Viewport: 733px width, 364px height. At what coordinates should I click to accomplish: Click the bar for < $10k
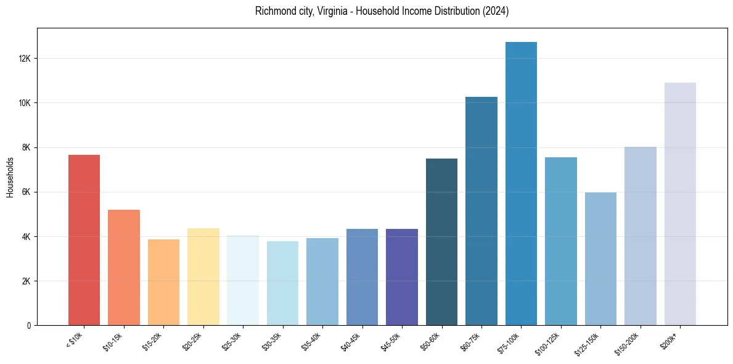click(x=84, y=240)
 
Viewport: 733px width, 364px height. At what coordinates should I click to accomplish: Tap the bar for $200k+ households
click(x=680, y=204)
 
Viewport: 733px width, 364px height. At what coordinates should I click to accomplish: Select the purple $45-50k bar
click(x=402, y=277)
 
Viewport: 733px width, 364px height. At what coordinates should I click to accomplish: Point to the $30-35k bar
click(x=282, y=283)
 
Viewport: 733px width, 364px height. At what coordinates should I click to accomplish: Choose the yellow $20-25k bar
click(x=203, y=277)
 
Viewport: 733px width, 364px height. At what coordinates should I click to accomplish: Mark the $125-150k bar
click(x=600, y=259)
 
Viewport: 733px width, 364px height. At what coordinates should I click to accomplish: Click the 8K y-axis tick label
click(x=27, y=147)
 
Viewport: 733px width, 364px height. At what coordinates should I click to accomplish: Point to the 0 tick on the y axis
click(x=29, y=325)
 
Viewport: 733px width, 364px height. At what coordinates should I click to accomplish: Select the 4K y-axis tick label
click(x=27, y=236)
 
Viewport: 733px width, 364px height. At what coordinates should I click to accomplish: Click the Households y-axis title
click(x=10, y=177)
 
